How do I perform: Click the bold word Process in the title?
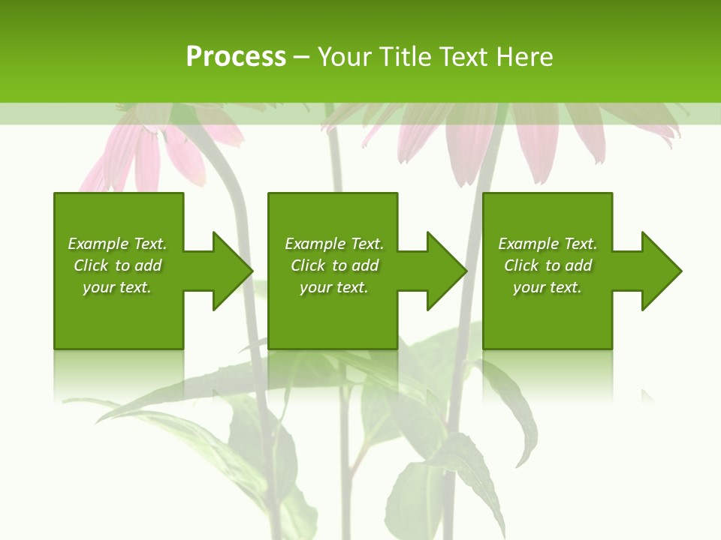coord(236,57)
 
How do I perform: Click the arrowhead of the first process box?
coord(230,271)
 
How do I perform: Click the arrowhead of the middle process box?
coord(445,271)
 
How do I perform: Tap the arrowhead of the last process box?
coord(659,271)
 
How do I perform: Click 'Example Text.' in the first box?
coord(117,244)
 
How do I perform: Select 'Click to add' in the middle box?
coord(334,265)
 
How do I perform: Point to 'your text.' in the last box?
coord(548,287)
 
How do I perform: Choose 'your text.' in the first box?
coord(117,287)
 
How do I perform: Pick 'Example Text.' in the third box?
coord(548,244)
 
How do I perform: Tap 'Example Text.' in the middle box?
coord(334,244)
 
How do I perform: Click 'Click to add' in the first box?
coord(117,265)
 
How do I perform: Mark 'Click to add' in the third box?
coord(548,265)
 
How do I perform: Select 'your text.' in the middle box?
coord(334,287)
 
